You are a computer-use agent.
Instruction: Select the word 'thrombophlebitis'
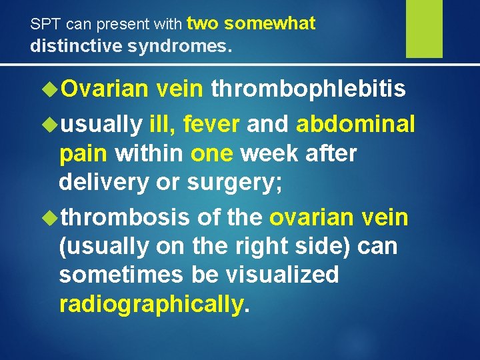tap(308, 90)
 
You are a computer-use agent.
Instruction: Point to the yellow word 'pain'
tap(83, 154)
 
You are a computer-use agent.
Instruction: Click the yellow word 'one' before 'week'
tap(212, 154)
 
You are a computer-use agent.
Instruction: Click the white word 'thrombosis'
tap(126, 217)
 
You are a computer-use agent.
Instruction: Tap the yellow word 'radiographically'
tap(151, 305)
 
